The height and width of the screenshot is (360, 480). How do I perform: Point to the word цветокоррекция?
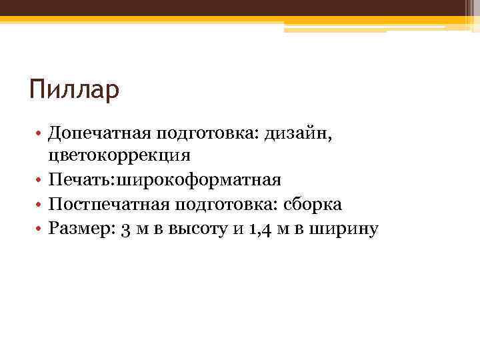[119, 157]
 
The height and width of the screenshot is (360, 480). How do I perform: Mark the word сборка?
[313, 205]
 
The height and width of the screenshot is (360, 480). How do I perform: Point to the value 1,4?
[260, 229]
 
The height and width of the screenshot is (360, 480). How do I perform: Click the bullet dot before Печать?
[41, 181]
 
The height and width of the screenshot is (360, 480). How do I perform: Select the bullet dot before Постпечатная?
[41, 205]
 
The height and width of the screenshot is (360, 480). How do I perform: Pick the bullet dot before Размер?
[41, 229]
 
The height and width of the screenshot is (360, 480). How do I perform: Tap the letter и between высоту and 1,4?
[238, 229]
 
